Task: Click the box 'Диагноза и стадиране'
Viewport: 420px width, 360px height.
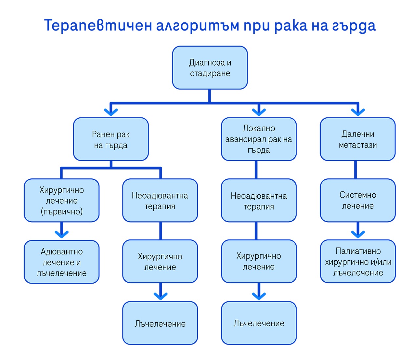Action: pyautogui.click(x=210, y=68)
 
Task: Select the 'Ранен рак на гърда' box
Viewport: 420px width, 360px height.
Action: pyautogui.click(x=111, y=139)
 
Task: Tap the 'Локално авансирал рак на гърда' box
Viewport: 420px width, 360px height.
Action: pyautogui.click(x=259, y=139)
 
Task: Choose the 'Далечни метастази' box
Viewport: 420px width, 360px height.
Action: pyautogui.click(x=358, y=139)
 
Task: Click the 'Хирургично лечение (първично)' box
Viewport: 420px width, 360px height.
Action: pyautogui.click(x=62, y=200)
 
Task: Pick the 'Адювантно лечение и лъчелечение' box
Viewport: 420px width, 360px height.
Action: pyautogui.click(x=62, y=262)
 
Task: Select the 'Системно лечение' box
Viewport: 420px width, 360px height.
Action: pyautogui.click(x=358, y=200)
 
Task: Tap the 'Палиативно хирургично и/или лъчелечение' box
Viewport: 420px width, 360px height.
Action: pyautogui.click(x=358, y=262)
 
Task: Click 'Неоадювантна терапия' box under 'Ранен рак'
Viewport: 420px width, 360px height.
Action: pyautogui.click(x=160, y=200)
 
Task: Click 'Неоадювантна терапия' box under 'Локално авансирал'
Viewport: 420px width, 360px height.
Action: pyautogui.click(x=259, y=200)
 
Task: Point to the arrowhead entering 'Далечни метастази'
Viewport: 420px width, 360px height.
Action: pyautogui.click(x=358, y=112)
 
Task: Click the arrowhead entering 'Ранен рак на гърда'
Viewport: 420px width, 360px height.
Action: pyautogui.click(x=111, y=112)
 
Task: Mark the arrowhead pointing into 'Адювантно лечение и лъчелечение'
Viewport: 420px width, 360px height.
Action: pyautogui.click(x=62, y=234)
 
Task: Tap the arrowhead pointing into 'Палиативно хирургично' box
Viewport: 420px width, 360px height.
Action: pyautogui.click(x=358, y=234)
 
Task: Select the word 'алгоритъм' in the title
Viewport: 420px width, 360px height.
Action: pyautogui.click(x=198, y=26)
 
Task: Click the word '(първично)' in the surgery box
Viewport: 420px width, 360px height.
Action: pyautogui.click(x=62, y=211)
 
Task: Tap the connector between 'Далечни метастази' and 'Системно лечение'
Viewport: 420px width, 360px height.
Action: pyautogui.click(x=355, y=170)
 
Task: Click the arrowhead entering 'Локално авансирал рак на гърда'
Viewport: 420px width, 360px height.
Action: pyautogui.click(x=259, y=112)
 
